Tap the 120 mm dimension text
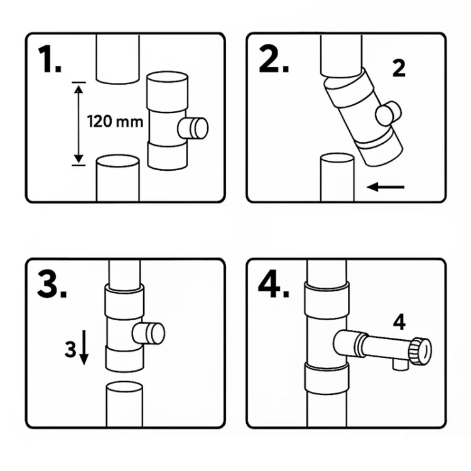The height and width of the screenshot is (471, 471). (115, 122)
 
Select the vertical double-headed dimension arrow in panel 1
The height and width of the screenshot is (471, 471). (78, 124)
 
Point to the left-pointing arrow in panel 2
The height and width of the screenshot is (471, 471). (386, 187)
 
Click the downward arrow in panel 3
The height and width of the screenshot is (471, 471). (84, 347)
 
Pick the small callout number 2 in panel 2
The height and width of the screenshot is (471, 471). (399, 68)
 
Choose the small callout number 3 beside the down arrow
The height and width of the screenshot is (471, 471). (70, 349)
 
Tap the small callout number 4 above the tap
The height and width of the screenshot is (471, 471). (399, 322)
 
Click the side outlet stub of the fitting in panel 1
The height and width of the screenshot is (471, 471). (193, 128)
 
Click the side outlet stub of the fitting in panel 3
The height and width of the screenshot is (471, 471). (148, 333)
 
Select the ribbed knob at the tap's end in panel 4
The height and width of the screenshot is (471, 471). (420, 351)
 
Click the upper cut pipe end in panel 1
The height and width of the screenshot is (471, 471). (118, 79)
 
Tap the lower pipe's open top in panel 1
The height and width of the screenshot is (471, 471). (118, 161)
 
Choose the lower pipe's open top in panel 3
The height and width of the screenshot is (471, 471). (125, 387)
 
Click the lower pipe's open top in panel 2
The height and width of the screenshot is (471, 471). (337, 158)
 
